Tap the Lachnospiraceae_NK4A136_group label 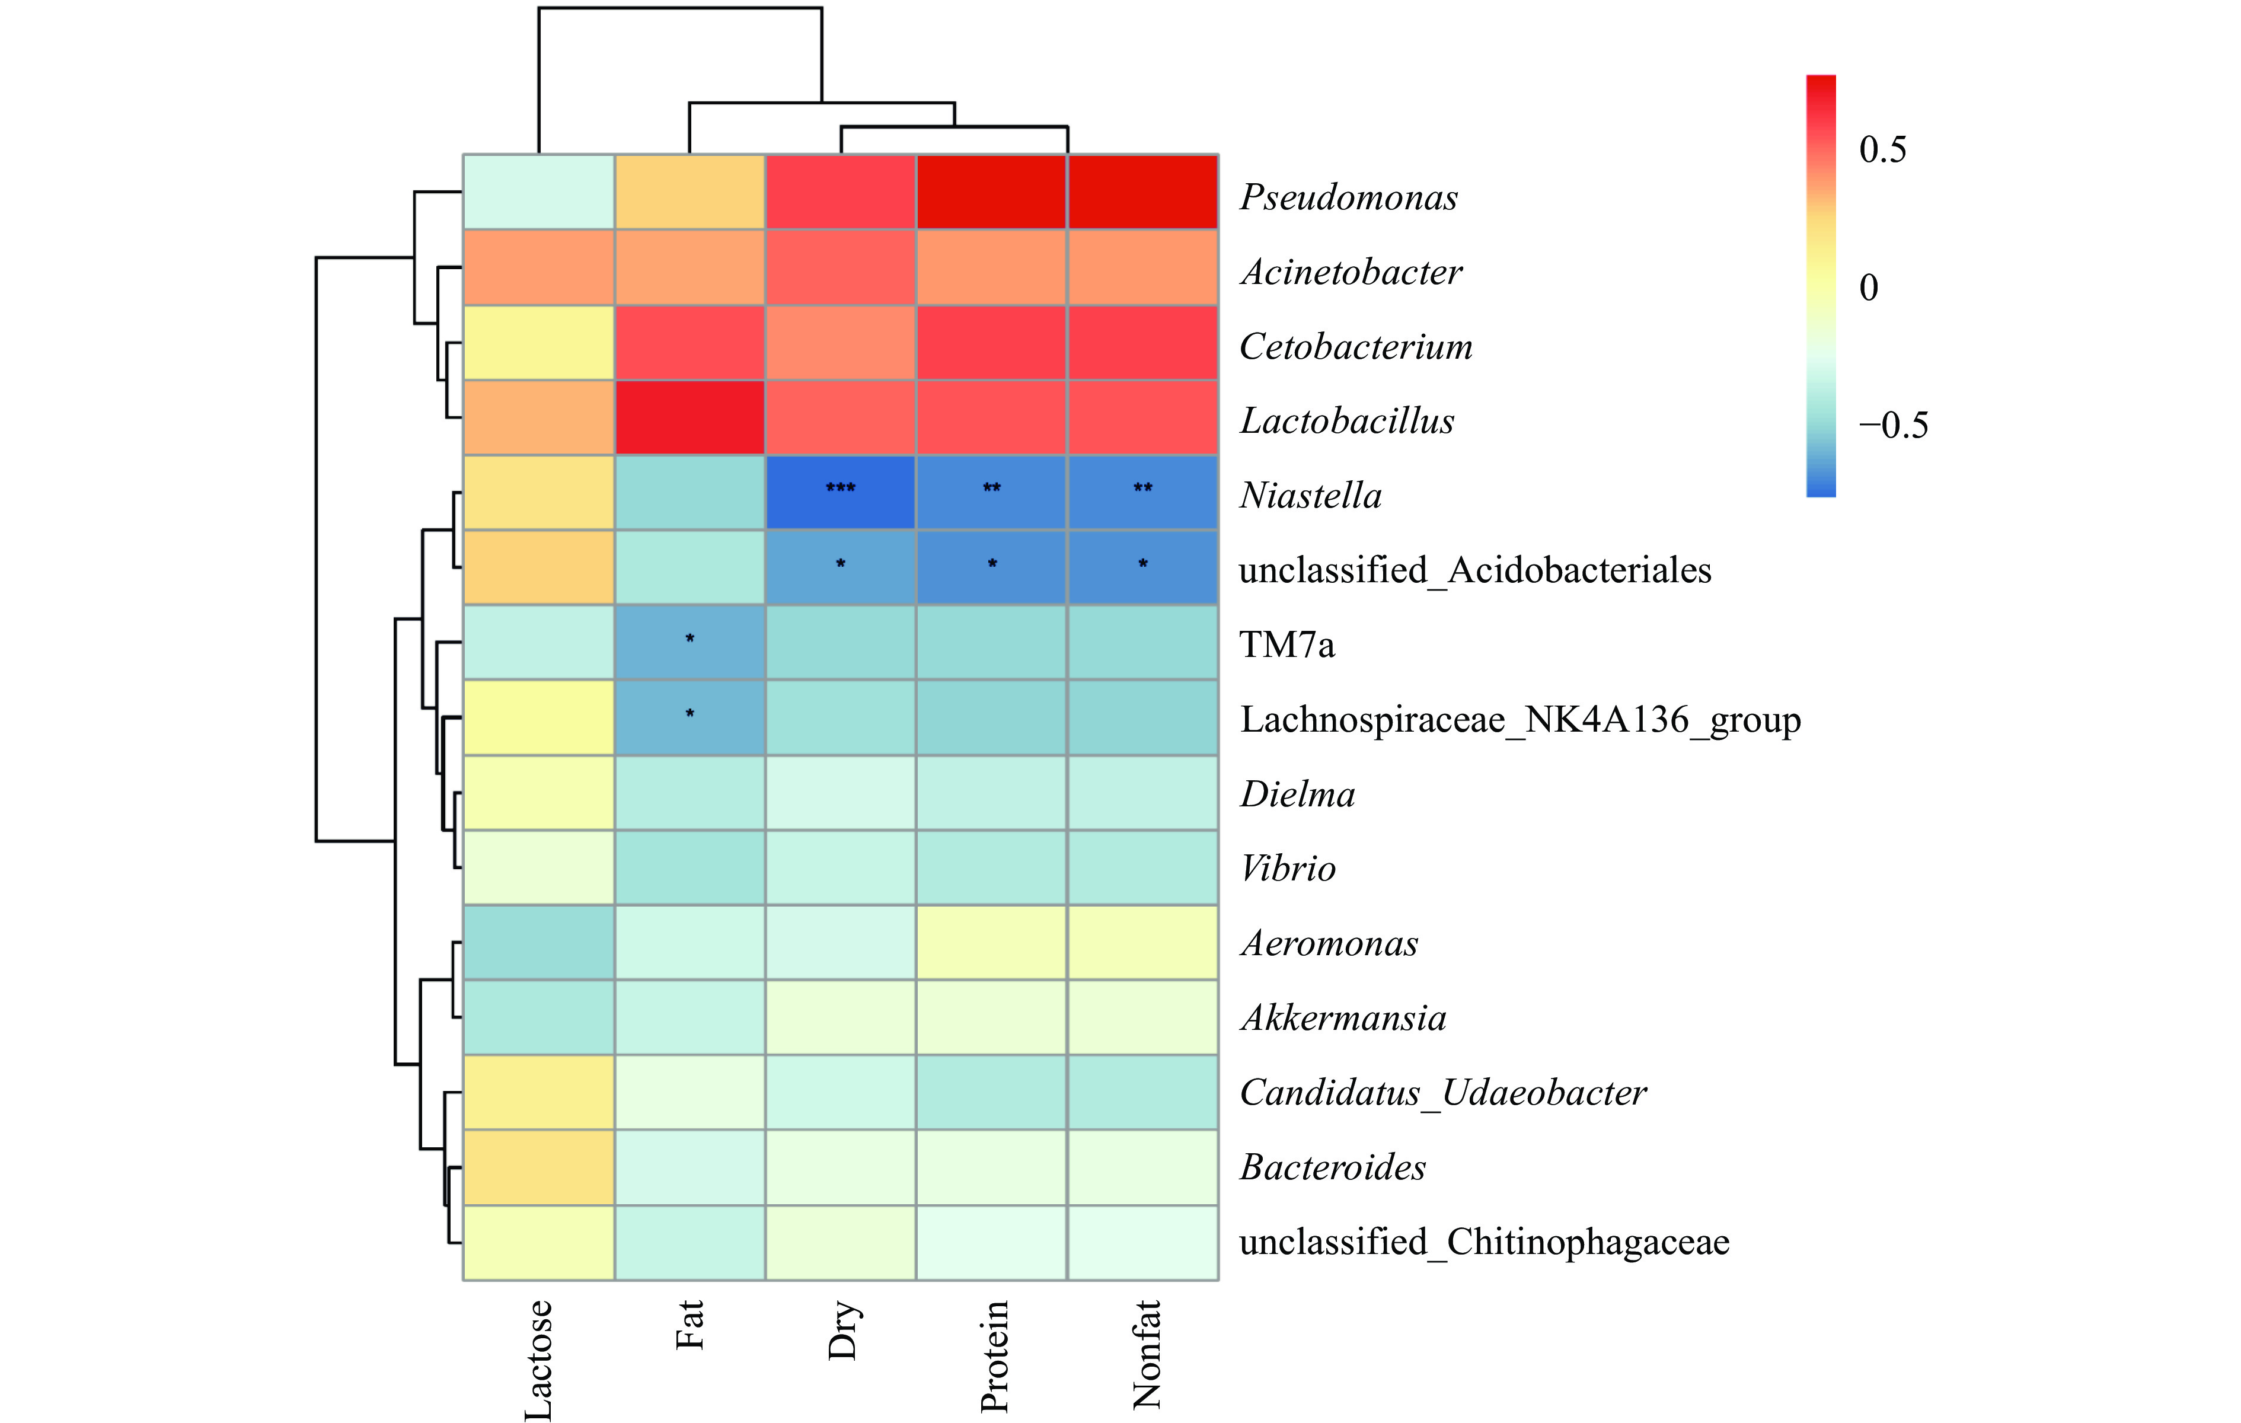point(1519,719)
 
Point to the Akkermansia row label point(1343,1018)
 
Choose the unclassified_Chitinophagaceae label point(1483,1242)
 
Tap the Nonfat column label point(1145,1354)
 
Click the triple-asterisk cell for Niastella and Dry point(841,492)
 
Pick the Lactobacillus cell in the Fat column point(689,417)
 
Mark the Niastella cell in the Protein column point(992,492)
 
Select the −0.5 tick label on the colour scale point(1892,425)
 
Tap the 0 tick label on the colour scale point(1868,288)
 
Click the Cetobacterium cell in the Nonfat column point(1143,343)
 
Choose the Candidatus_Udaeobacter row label point(1442,1093)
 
